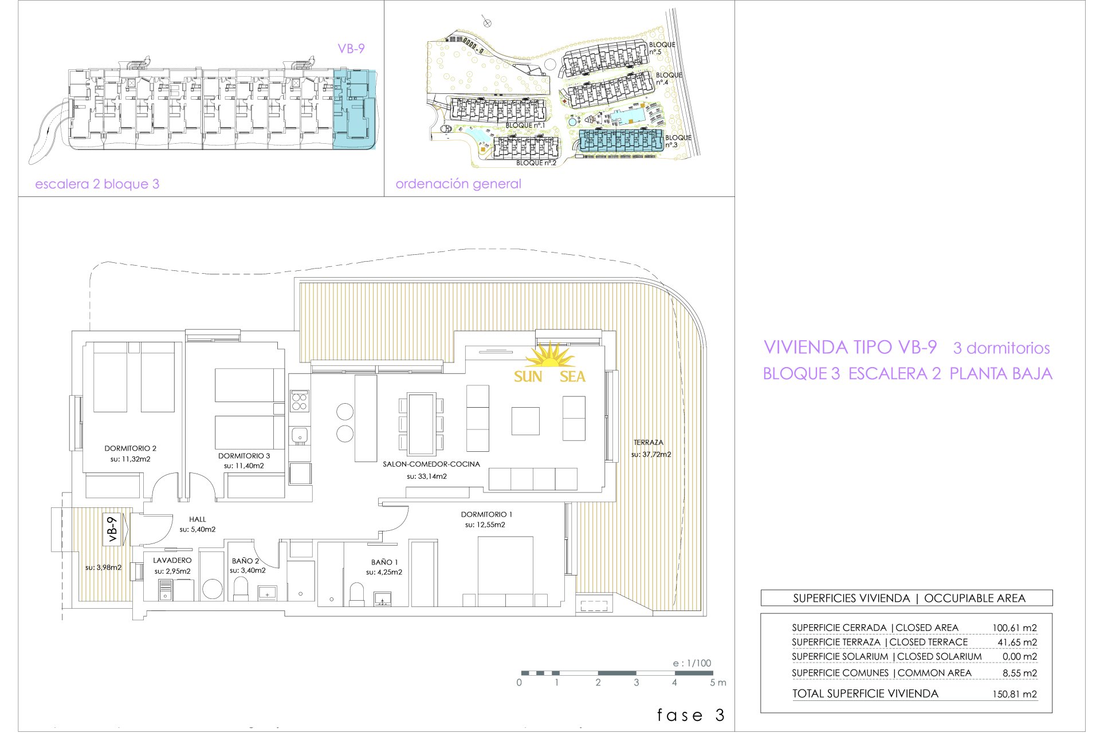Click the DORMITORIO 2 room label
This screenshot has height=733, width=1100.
tap(130, 448)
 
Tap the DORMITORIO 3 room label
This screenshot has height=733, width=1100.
tap(244, 456)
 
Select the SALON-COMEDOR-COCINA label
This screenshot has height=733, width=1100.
tap(431, 464)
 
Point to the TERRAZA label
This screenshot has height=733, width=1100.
tap(649, 443)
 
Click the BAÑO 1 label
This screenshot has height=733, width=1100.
tap(384, 562)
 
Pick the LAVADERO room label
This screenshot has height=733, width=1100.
tap(172, 560)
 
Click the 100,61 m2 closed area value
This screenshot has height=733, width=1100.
tap(1015, 628)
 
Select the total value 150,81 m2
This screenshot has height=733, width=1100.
tap(1015, 694)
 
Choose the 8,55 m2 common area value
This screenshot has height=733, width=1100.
tap(1020, 673)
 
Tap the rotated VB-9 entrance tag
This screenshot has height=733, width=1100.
tap(112, 529)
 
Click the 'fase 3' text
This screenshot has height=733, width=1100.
tap(691, 715)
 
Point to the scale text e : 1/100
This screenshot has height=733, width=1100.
tap(692, 663)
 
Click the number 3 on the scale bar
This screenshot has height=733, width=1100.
tap(637, 683)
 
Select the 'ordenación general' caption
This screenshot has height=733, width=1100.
tap(458, 184)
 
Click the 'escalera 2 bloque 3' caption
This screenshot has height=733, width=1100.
tap(97, 184)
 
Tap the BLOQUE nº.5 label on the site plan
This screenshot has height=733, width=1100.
tap(662, 48)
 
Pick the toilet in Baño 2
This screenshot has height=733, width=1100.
tap(241, 589)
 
